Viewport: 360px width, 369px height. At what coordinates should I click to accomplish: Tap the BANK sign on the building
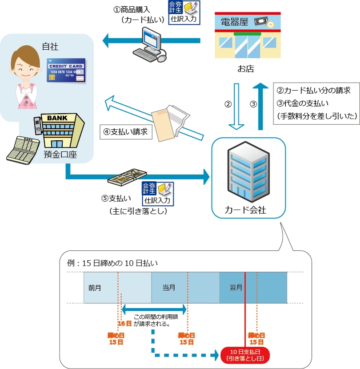58,119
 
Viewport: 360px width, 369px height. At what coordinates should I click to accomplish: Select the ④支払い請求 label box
126,132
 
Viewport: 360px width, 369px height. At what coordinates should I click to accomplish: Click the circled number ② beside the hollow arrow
228,105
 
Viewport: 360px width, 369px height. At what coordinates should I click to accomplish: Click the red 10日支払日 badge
246,354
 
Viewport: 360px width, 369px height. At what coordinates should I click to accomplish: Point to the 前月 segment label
95,288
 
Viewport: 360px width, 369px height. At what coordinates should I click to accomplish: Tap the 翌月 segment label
236,288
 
